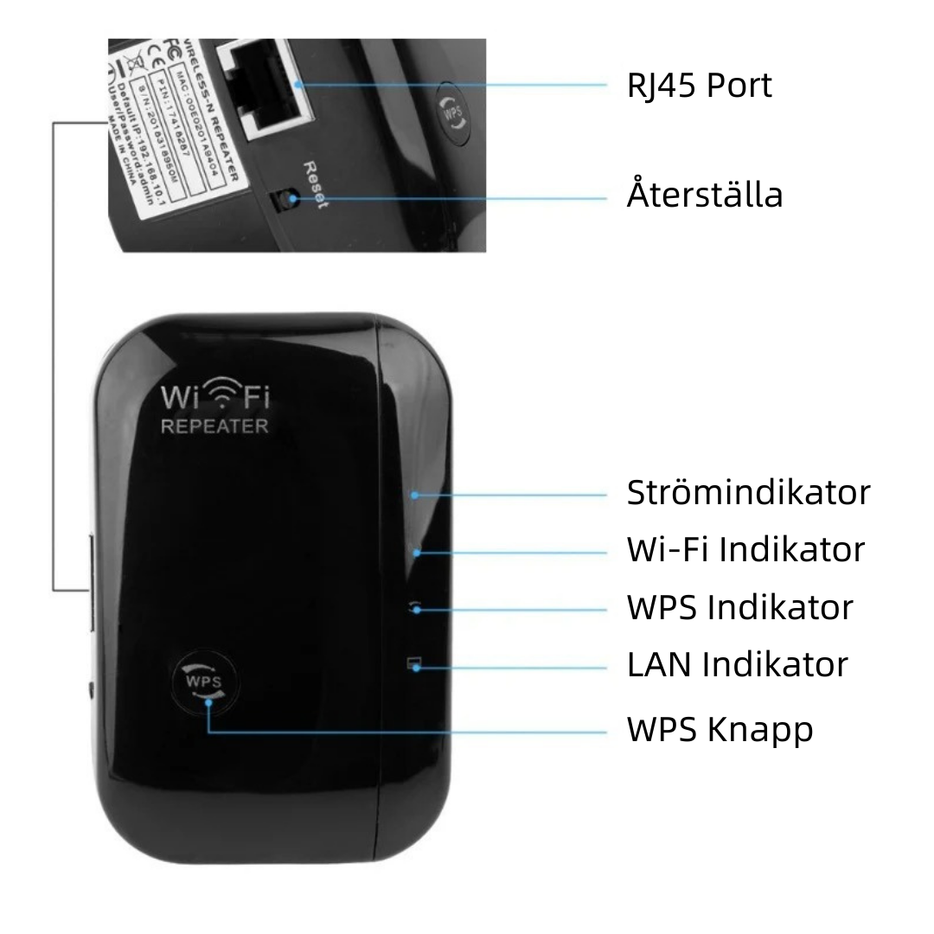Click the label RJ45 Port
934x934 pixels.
(x=699, y=86)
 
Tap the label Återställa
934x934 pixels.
(x=704, y=194)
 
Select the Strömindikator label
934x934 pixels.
(x=748, y=493)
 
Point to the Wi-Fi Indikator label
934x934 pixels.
(x=745, y=549)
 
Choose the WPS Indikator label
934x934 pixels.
(x=739, y=607)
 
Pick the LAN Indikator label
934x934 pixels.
(x=737, y=664)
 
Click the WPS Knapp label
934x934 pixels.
(x=720, y=730)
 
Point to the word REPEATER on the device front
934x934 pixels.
(x=215, y=426)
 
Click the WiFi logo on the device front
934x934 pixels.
(x=215, y=397)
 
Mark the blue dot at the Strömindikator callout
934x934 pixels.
(x=415, y=496)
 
